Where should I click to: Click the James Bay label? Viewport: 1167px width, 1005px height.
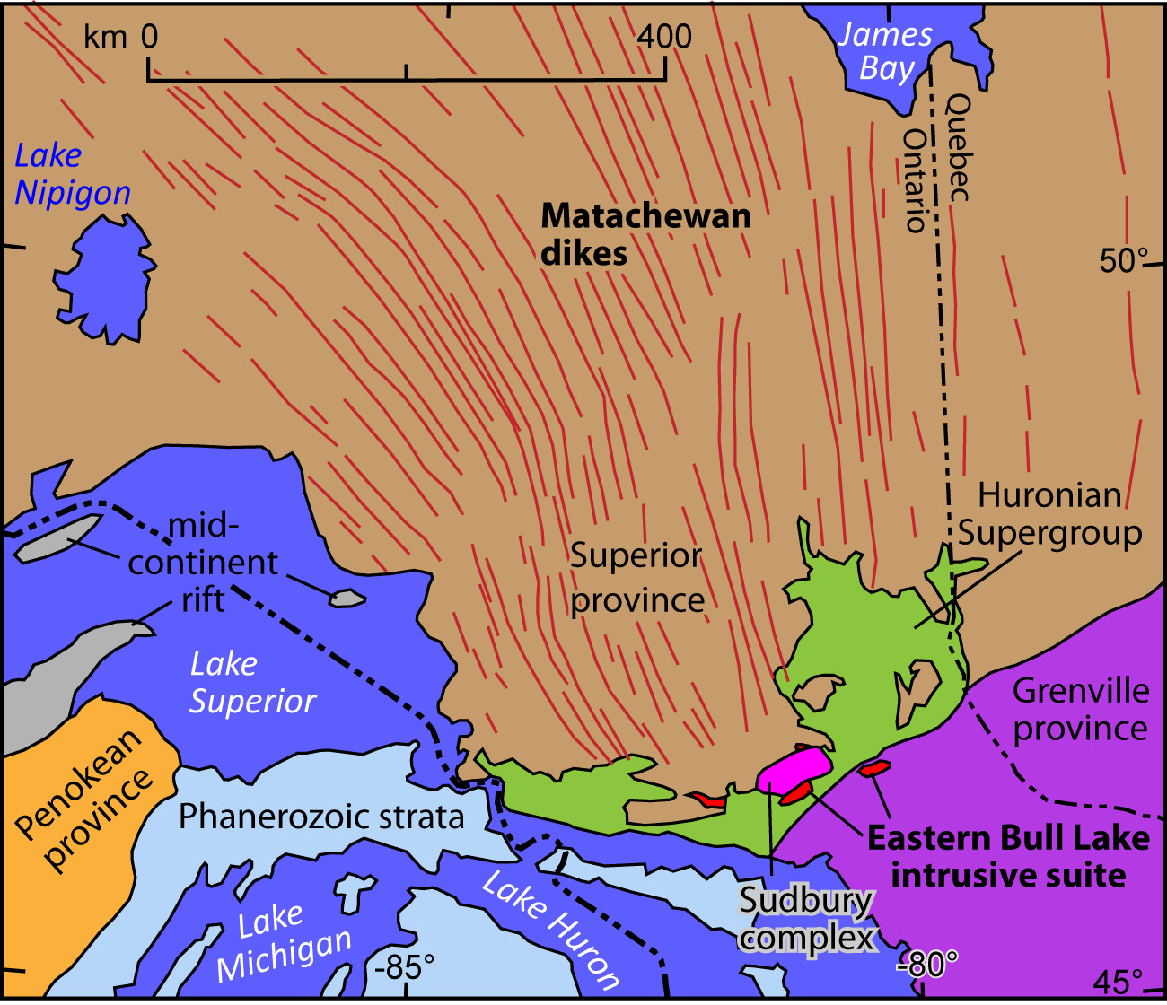(x=885, y=51)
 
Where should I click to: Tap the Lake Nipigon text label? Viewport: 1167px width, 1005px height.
(x=73, y=174)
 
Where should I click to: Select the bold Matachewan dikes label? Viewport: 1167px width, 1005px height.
(x=645, y=233)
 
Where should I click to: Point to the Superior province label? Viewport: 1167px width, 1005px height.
(x=636, y=577)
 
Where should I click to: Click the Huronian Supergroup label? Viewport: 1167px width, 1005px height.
(x=1049, y=514)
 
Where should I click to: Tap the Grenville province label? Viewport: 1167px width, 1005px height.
(x=1080, y=709)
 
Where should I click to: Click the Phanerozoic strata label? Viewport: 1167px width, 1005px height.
(x=321, y=817)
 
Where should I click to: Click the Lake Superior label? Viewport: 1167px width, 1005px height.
(x=252, y=682)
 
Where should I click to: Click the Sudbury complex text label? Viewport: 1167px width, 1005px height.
(x=805, y=919)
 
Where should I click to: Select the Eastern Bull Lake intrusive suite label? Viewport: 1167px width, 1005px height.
(x=1008, y=856)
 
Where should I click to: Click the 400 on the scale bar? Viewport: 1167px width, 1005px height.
(x=665, y=36)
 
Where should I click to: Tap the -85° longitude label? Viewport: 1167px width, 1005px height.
(x=404, y=967)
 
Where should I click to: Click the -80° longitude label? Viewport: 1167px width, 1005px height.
(x=927, y=965)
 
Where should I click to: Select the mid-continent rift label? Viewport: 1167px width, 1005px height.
(x=203, y=563)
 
